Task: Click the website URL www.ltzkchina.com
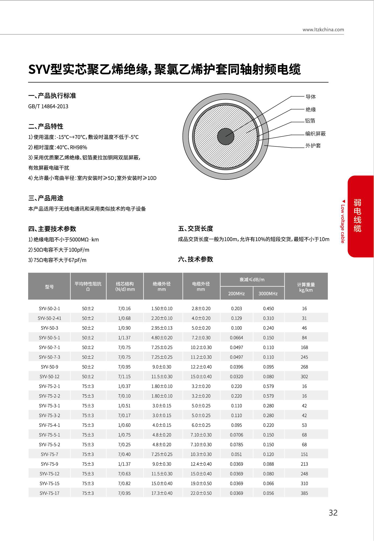pyautogui.click(x=323, y=30)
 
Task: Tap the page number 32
pyautogui.click(x=333, y=513)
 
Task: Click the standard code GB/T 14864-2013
pyautogui.click(x=48, y=106)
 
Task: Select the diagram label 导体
pyautogui.click(x=311, y=97)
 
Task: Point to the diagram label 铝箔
pyautogui.click(x=310, y=121)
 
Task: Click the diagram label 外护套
pyautogui.click(x=313, y=146)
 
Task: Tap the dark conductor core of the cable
pyautogui.click(x=225, y=136)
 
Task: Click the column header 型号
pyautogui.click(x=49, y=287)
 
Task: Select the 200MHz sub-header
pyautogui.click(x=236, y=294)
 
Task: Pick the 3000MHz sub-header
pyautogui.click(x=268, y=294)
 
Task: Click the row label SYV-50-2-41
pyautogui.click(x=49, y=318)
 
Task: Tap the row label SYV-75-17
pyautogui.click(x=49, y=493)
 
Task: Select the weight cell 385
pyautogui.click(x=304, y=493)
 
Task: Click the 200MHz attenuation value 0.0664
pyautogui.click(x=236, y=338)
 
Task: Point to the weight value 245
pyautogui.click(x=304, y=357)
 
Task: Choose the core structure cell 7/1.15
pyautogui.click(x=124, y=377)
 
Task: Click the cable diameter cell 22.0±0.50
pyautogui.click(x=201, y=493)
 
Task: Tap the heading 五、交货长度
pyautogui.click(x=195, y=229)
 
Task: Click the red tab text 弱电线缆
pyautogui.click(x=357, y=215)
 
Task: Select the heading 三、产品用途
pyautogui.click(x=46, y=198)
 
